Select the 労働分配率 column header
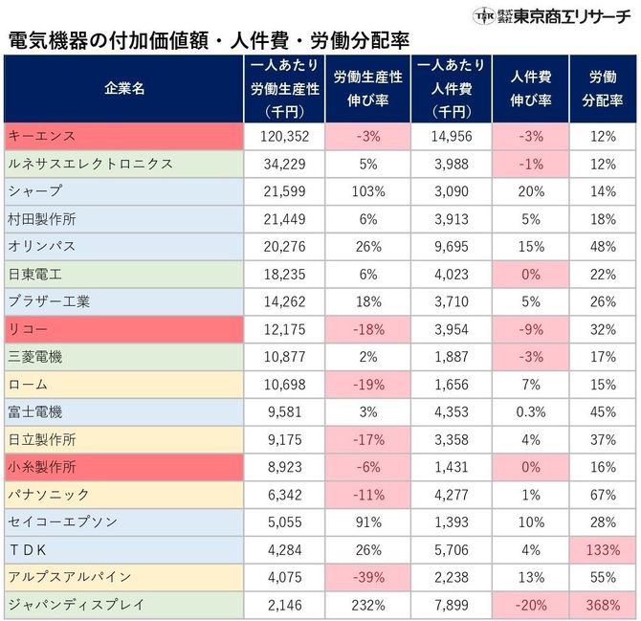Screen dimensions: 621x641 click(603, 88)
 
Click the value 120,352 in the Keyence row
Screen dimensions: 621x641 click(285, 137)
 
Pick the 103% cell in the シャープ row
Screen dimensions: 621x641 click(367, 191)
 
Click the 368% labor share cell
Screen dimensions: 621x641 click(603, 606)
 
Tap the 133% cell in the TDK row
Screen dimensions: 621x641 click(603, 550)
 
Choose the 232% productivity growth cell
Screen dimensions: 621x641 click(367, 606)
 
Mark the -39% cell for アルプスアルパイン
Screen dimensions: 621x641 click(367, 578)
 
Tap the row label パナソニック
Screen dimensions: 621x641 click(48, 495)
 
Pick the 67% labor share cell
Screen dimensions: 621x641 click(603, 495)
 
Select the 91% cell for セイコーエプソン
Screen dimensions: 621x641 click(367, 522)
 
